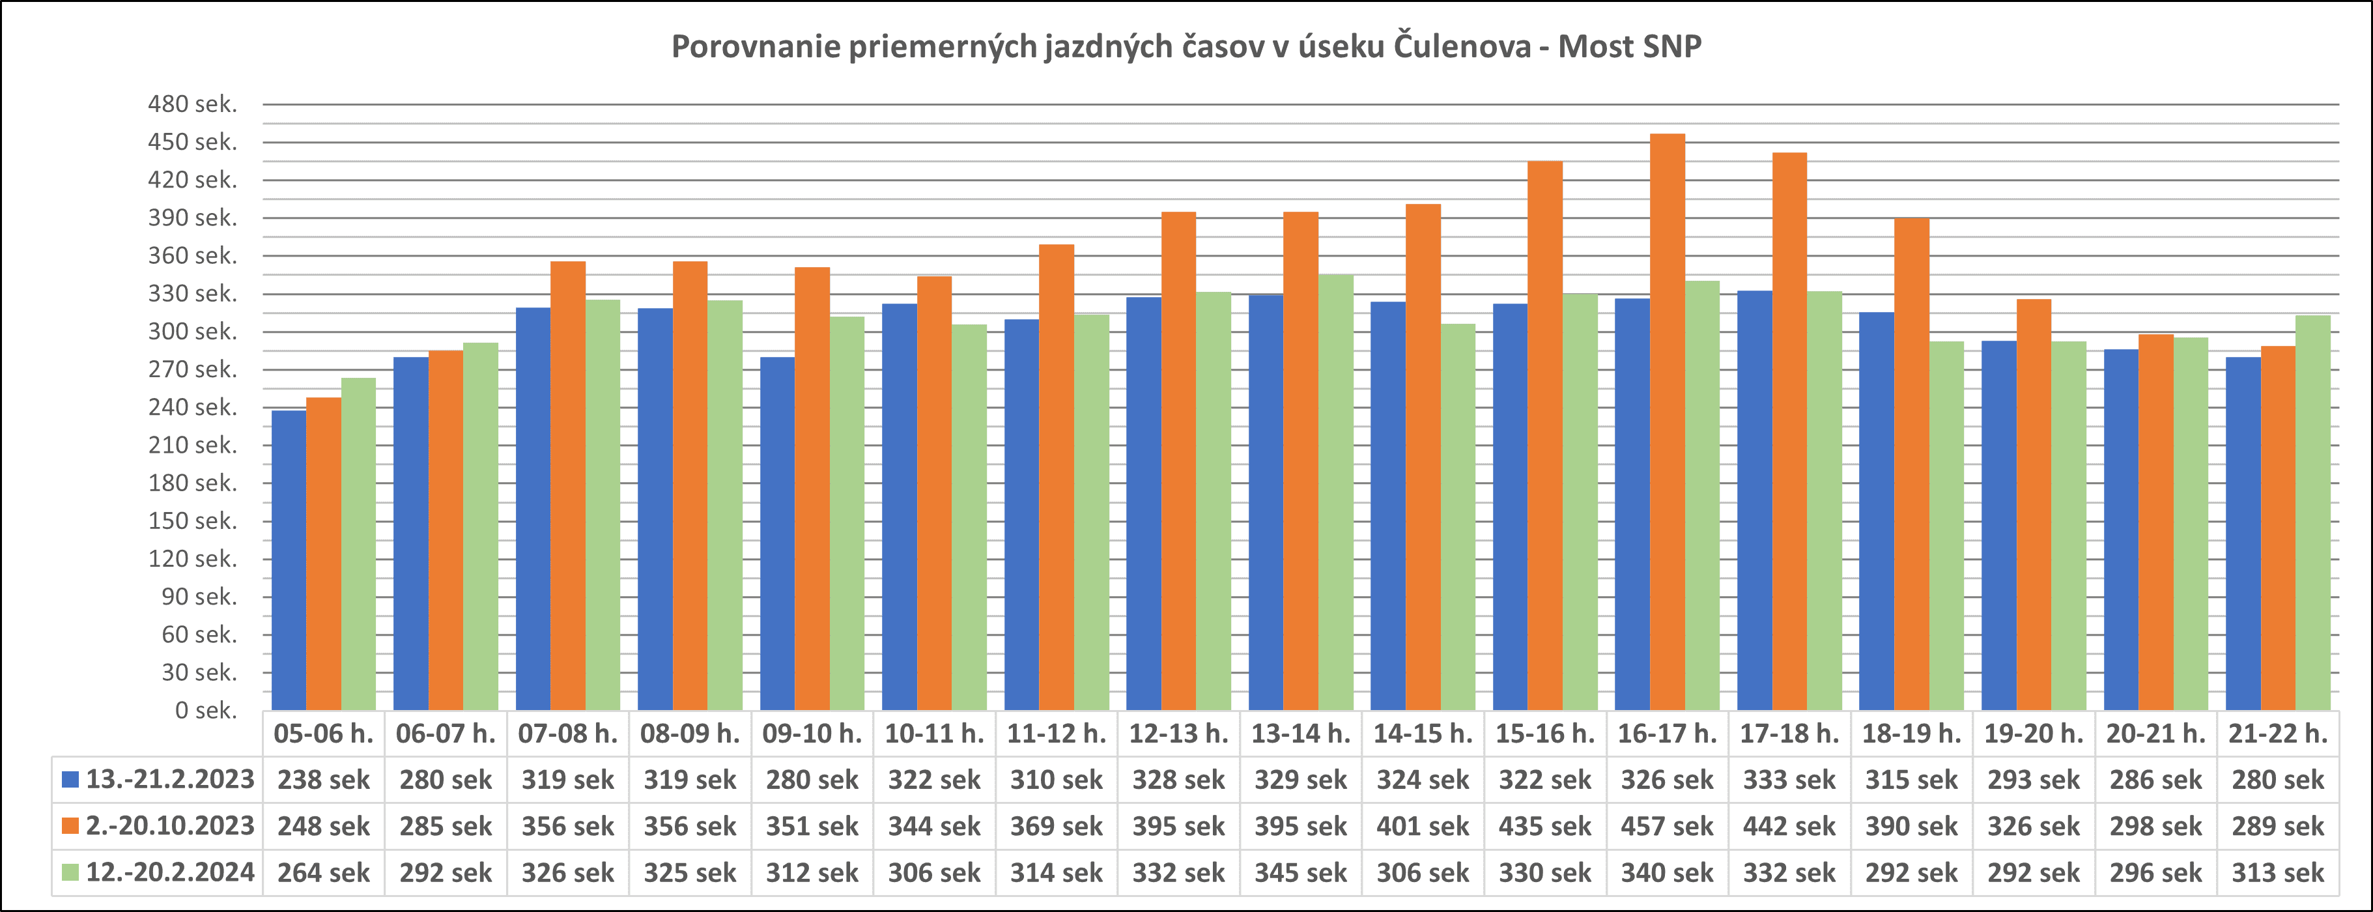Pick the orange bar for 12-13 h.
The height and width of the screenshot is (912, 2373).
[1178, 461]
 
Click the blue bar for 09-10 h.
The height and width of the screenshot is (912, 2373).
[778, 534]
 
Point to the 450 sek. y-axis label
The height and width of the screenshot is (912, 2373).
[193, 142]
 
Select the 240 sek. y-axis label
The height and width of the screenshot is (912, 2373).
[193, 407]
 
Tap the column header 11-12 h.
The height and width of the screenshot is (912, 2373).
[1056, 734]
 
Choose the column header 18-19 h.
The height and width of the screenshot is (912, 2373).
[1911, 734]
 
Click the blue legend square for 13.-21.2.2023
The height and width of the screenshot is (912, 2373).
[70, 779]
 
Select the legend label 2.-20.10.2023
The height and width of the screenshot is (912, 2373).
[169, 825]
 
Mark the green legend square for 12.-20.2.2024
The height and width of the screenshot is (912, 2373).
[70, 872]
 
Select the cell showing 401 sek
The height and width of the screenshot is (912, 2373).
[1423, 826]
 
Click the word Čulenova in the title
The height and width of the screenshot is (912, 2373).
[1461, 46]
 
